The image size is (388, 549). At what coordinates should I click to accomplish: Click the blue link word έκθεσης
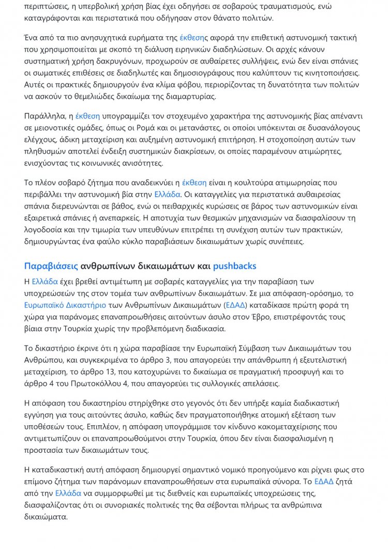(193, 38)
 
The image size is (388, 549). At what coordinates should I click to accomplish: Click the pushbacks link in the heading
(234, 266)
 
